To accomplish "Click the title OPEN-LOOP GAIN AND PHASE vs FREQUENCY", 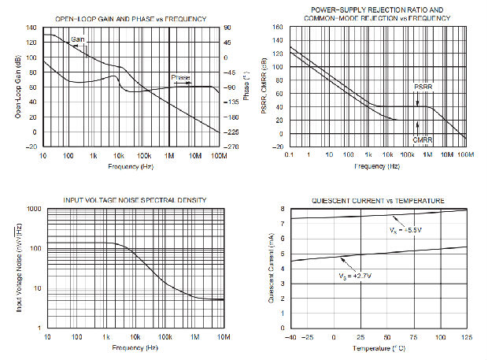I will [x=131, y=18].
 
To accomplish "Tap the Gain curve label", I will [x=79, y=38].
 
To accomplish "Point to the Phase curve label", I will [x=181, y=78].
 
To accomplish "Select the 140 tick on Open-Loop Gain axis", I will [x=31, y=28].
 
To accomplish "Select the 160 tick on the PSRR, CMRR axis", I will [x=278, y=28].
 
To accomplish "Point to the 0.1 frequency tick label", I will [x=291, y=155].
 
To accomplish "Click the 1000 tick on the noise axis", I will [x=34, y=209].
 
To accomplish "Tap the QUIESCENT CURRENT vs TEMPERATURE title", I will [x=378, y=200].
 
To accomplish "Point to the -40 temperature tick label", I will [x=292, y=336].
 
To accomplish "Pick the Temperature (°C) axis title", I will [x=378, y=347].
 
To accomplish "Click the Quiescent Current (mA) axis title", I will [x=271, y=268].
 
